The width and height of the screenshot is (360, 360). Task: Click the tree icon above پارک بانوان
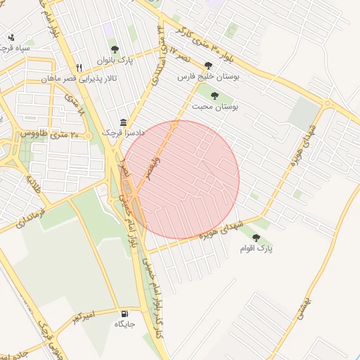pyautogui.click(x=115, y=49)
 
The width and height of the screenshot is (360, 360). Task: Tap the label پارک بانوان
pyautogui.click(x=115, y=60)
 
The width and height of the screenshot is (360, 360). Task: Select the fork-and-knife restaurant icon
pyautogui.click(x=79, y=67)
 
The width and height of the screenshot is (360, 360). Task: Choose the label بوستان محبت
pyautogui.click(x=215, y=107)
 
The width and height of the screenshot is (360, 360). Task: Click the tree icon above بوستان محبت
pyautogui.click(x=214, y=96)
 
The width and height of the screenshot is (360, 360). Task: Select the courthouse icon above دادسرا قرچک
pyautogui.click(x=124, y=122)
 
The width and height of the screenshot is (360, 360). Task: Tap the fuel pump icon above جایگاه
pyautogui.click(x=125, y=314)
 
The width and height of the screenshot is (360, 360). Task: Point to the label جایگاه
pyautogui.click(x=125, y=325)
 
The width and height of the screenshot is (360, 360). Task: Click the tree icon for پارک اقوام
pyautogui.click(x=256, y=238)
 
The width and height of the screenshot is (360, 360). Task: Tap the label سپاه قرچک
pyautogui.click(x=15, y=49)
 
